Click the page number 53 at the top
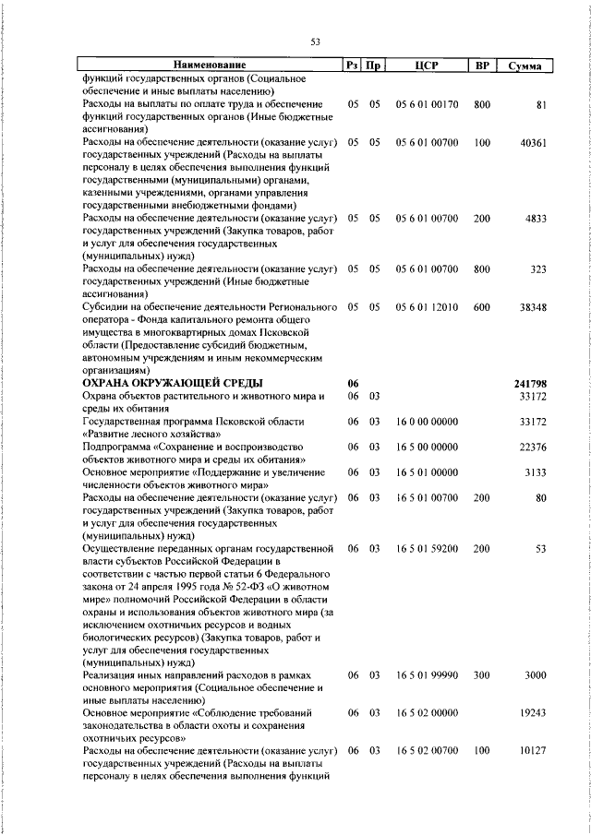(315, 42)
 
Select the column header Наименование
(211, 66)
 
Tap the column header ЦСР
(426, 66)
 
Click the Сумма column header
(525, 66)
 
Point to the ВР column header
(481, 66)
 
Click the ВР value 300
(481, 675)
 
